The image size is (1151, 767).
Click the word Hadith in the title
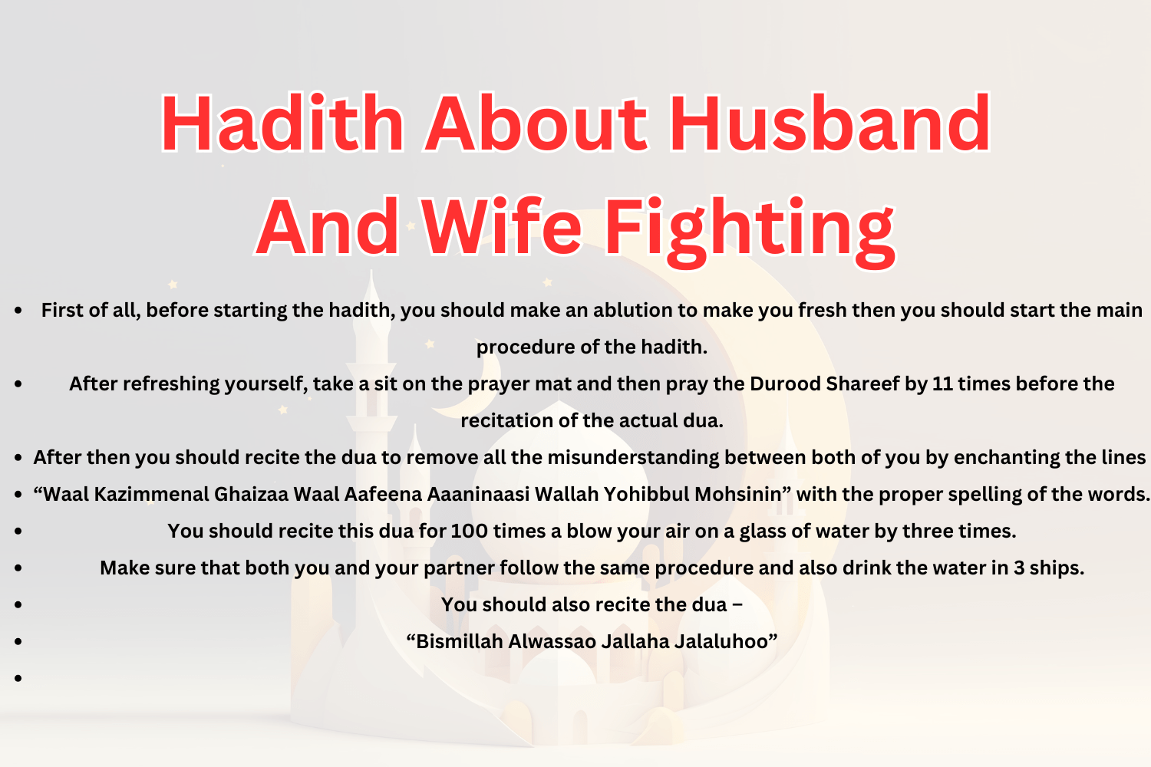282,124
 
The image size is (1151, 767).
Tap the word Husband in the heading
829,124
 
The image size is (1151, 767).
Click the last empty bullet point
18,678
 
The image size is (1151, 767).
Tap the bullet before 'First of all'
18,311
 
